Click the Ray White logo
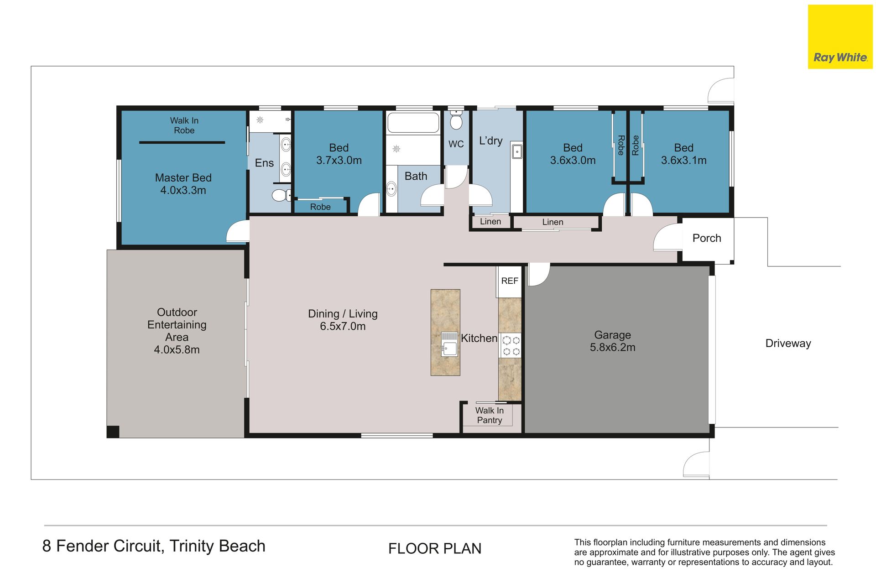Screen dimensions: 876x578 [x=840, y=37]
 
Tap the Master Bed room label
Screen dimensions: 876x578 [x=183, y=184]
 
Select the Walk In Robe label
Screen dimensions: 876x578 [x=184, y=125]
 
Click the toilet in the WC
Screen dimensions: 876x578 [x=456, y=120]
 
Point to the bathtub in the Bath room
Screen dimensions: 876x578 [x=413, y=122]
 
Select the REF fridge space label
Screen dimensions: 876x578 [x=510, y=281]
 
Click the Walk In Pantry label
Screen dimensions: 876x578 [x=490, y=415]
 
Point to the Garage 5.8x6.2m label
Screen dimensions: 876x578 [x=612, y=341]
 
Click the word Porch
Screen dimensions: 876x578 [x=707, y=238]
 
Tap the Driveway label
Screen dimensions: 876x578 [x=788, y=344]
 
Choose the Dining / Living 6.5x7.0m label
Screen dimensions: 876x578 [x=343, y=320]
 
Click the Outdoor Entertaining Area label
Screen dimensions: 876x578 [x=177, y=331]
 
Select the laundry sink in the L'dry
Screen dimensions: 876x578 [x=516, y=151]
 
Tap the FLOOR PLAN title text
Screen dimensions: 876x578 [x=435, y=548]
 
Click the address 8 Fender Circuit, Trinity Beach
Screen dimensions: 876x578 [x=154, y=546]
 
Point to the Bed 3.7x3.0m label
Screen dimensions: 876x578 [x=339, y=154]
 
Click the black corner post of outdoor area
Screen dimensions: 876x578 [x=113, y=432]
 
